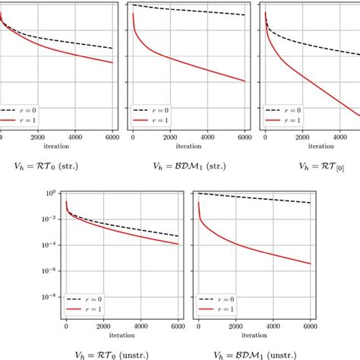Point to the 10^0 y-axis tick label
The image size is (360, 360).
pyautogui.click(x=49, y=193)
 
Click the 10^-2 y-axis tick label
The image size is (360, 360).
pyautogui.click(x=48, y=219)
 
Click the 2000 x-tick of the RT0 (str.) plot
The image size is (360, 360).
pyautogui.click(x=38, y=137)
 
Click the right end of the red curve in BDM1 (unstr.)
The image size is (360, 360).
pyautogui.click(x=311, y=264)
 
